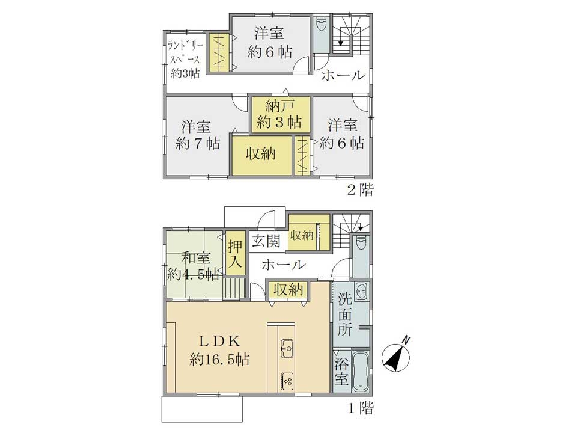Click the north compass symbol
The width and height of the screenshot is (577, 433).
pos(397,355)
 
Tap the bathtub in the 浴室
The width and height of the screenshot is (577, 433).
pos(361,372)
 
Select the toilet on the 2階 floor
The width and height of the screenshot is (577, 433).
pos(322,25)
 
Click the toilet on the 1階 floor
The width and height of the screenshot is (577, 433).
pos(360,244)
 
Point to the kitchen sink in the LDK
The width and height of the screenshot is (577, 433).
pos(287,347)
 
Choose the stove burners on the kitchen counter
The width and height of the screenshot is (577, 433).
pos(287,381)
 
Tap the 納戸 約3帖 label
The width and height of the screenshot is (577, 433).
pos(279,114)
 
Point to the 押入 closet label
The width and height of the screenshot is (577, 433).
pos(235,254)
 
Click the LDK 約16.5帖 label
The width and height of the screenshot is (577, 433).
pos(220,350)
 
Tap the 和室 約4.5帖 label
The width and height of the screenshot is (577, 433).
pos(194,266)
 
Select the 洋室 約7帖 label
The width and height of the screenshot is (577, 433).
pos(198,135)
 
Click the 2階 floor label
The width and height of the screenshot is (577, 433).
pos(361,190)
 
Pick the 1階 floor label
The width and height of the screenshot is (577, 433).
pos(361,408)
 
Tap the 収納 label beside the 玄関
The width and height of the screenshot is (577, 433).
pos(302,235)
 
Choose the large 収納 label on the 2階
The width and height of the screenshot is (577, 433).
pos(261,153)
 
